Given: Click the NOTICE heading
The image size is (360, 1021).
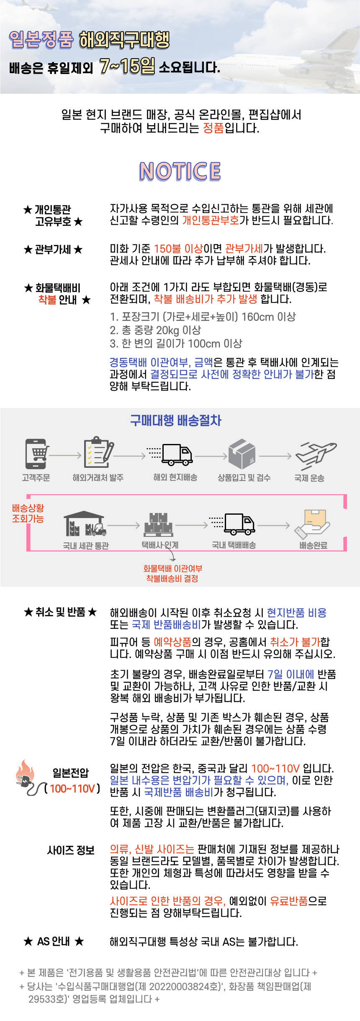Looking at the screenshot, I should pos(180,171).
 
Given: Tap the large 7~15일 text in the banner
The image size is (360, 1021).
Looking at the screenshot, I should pos(127,66).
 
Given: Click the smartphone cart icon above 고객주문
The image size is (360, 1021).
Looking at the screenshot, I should pos(37,454).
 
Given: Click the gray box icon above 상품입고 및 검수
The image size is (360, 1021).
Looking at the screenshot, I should pos(242,454).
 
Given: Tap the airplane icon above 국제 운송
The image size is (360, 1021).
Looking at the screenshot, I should pos(315,455).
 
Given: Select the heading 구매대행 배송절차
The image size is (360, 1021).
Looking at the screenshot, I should pos(175,420).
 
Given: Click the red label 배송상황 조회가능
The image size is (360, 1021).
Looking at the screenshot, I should pos(28,513).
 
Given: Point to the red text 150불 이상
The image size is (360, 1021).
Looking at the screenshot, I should pos(178,249).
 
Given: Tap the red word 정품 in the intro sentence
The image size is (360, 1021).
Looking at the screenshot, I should pos(213,128).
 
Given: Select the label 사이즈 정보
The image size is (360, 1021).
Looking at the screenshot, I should pos(71,850).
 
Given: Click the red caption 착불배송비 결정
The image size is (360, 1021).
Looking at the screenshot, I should pos(172,578).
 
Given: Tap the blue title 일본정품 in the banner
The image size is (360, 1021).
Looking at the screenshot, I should pos(41,40).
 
